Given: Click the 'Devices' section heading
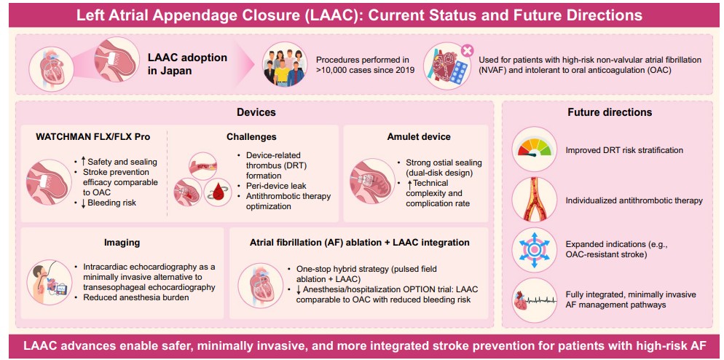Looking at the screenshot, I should click(x=256, y=112).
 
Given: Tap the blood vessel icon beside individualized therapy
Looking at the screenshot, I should click(x=537, y=199).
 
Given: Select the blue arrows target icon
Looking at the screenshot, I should click(x=537, y=248).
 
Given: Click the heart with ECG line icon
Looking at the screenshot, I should click(x=537, y=299).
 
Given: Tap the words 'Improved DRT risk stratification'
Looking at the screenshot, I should click(x=624, y=151).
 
